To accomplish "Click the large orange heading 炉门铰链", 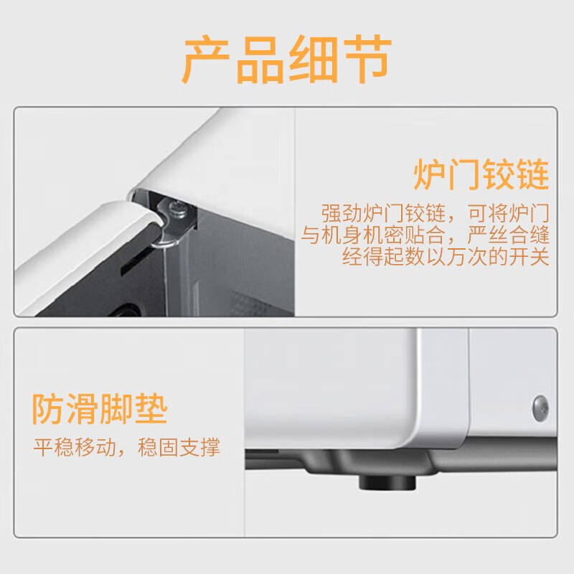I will [481, 174].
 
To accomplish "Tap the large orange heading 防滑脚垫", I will [100, 410].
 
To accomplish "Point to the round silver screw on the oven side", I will [540, 407].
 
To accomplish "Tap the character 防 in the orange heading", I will [48, 410].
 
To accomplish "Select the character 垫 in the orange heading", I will [151, 410].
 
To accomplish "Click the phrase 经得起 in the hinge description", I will [366, 257].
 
